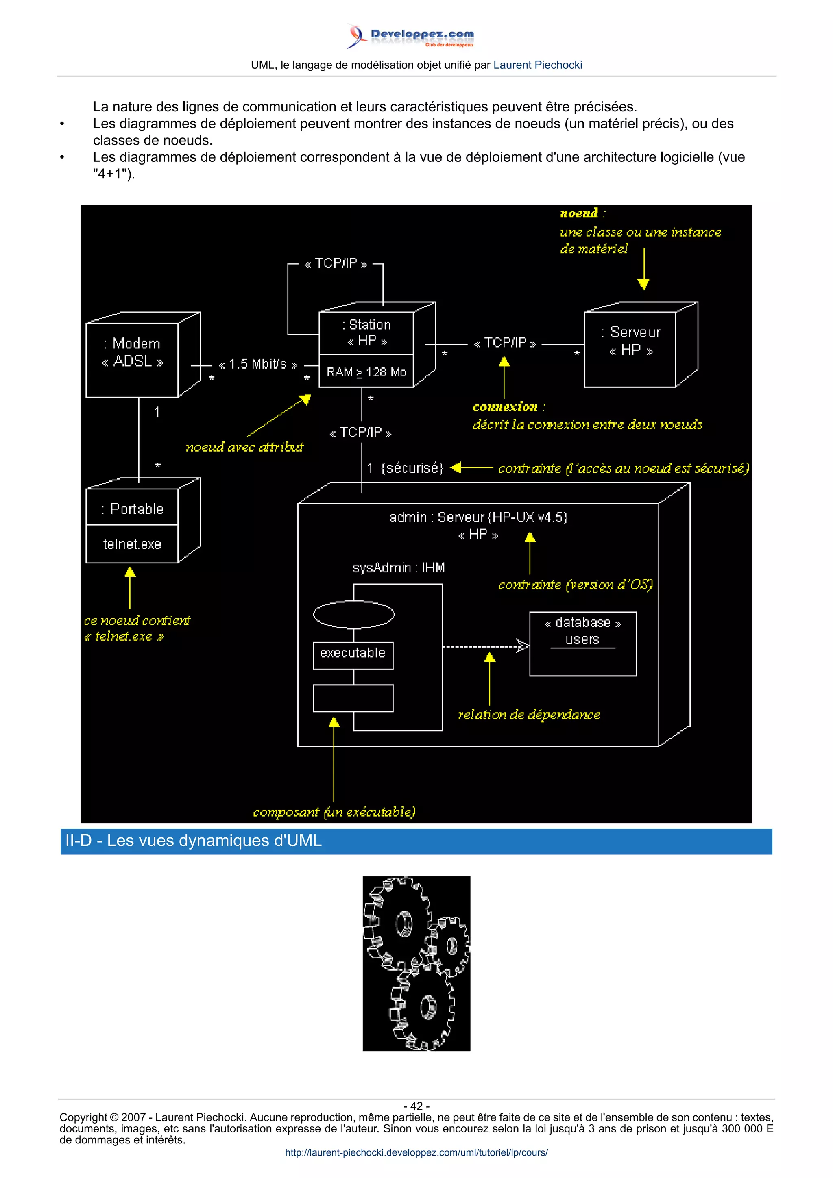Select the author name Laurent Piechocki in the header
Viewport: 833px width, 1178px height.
537,65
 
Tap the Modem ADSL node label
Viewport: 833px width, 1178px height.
133,352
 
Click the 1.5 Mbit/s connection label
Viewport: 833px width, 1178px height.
257,364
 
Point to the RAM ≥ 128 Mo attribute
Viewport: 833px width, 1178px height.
366,372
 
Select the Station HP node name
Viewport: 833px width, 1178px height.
366,333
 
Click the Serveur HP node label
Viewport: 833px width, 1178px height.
631,341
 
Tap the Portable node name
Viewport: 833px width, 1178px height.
133,509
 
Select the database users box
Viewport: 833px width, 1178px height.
582,643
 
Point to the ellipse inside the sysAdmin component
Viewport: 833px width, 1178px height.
353,615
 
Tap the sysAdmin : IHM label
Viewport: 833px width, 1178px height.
398,568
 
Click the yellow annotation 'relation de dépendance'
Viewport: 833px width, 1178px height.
529,715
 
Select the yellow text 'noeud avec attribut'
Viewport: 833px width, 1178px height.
244,448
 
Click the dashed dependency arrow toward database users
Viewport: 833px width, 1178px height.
485,646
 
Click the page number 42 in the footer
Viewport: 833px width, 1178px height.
416,1106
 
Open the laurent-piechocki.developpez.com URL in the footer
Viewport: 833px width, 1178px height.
416,1152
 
